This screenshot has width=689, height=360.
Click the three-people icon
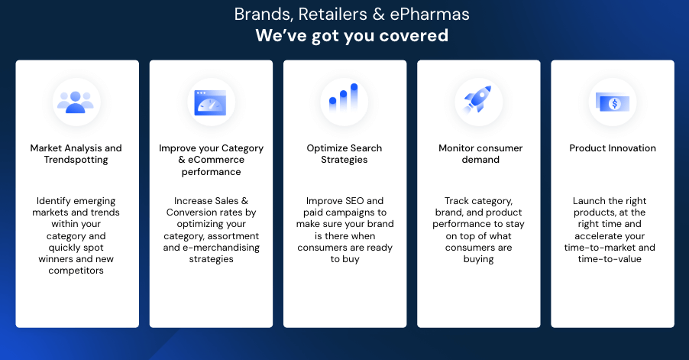[x=76, y=102]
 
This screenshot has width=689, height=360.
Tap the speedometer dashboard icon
[x=210, y=102]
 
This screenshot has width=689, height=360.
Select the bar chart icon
[x=344, y=97]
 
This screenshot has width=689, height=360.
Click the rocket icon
[x=477, y=99]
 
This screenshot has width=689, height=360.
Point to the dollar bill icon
[x=613, y=103]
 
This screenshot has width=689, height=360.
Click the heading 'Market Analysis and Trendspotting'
[x=76, y=154]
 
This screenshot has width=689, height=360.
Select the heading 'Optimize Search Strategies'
[x=344, y=154]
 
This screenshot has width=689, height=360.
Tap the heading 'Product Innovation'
[x=613, y=148]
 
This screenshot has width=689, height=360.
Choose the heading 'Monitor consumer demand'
[x=480, y=154]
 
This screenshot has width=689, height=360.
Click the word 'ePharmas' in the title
[x=430, y=15]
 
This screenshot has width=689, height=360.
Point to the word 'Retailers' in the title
[x=332, y=14]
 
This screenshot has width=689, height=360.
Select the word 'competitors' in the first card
[x=76, y=271]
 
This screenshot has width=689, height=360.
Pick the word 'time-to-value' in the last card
[x=610, y=259]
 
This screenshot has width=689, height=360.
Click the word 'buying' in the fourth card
[x=478, y=259]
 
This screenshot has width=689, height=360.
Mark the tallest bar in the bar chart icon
[x=354, y=97]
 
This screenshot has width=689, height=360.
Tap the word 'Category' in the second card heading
[x=242, y=148]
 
